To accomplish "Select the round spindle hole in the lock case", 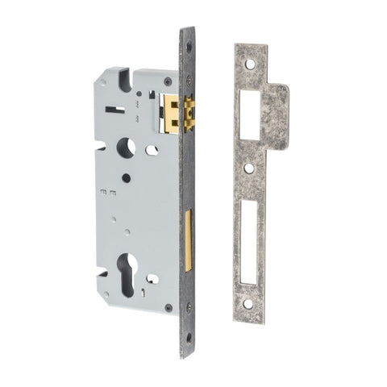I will (126, 148).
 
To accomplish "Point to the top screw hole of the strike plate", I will (250, 64).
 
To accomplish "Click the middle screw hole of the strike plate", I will (249, 169).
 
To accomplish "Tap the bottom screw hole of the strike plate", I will (248, 304).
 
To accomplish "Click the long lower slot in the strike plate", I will (249, 241).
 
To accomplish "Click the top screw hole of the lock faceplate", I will (189, 47).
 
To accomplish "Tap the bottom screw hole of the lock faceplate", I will (188, 337).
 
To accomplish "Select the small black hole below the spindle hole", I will (125, 178).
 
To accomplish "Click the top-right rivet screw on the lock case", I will (168, 81).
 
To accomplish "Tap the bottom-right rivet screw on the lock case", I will (167, 307).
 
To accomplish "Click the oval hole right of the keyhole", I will (152, 279).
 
